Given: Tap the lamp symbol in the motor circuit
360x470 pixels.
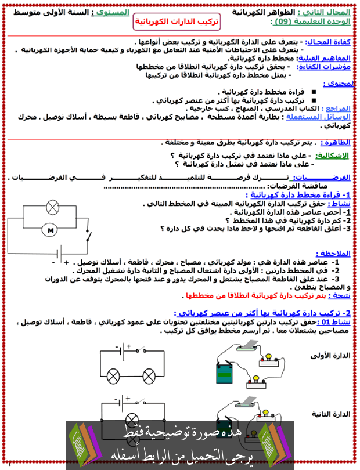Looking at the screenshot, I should click(x=51, y=206).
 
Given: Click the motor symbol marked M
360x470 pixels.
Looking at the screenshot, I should click(x=51, y=230).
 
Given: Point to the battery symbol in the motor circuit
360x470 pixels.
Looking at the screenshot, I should click(x=59, y=254).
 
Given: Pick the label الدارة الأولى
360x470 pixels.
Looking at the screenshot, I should click(x=330, y=355).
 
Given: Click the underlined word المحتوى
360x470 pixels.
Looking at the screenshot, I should click(x=339, y=84).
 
